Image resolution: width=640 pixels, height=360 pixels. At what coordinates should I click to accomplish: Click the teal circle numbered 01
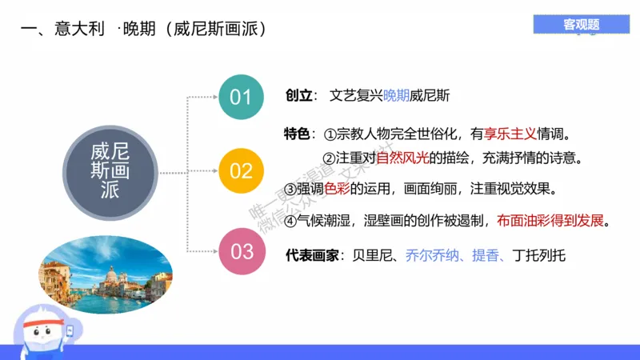[x=241, y=98]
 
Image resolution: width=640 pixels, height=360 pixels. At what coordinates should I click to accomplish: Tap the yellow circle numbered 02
[x=241, y=170]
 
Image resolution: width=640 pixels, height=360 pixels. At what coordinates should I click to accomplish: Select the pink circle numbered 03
[x=242, y=251]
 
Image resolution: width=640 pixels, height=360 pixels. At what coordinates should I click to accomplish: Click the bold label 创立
[x=298, y=95]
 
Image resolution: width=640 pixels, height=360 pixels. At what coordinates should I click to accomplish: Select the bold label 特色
[x=298, y=132]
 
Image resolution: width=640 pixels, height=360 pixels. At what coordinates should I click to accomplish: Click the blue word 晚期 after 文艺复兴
[x=396, y=95]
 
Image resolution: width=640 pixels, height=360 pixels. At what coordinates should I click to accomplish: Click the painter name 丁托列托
[x=539, y=256]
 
